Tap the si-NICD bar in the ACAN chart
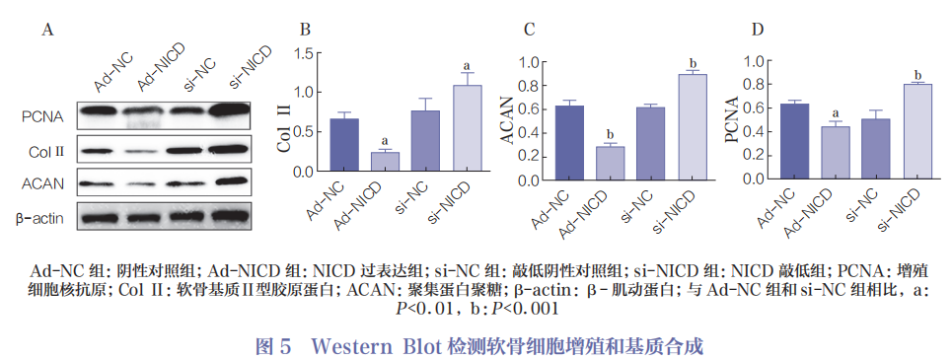coord(693,129)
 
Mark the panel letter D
coord(756,30)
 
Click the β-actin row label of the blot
coord(42,218)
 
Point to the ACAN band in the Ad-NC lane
coord(104,183)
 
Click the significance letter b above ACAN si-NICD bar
coord(694,63)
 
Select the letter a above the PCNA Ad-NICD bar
coord(836,113)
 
